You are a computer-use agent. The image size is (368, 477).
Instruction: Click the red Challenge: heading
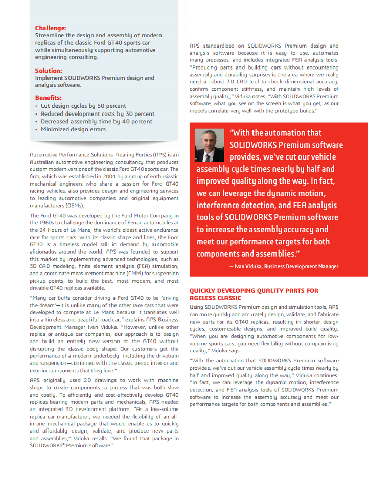[x=50, y=28]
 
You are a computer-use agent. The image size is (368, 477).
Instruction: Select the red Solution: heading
[x=49, y=71]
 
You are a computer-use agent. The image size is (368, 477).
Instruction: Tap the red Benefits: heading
[x=49, y=98]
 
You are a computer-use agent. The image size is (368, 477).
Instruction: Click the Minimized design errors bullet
[x=74, y=129]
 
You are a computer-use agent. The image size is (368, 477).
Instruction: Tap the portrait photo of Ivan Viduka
[x=210, y=145]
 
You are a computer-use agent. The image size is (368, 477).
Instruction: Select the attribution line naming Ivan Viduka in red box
[x=284, y=266]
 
